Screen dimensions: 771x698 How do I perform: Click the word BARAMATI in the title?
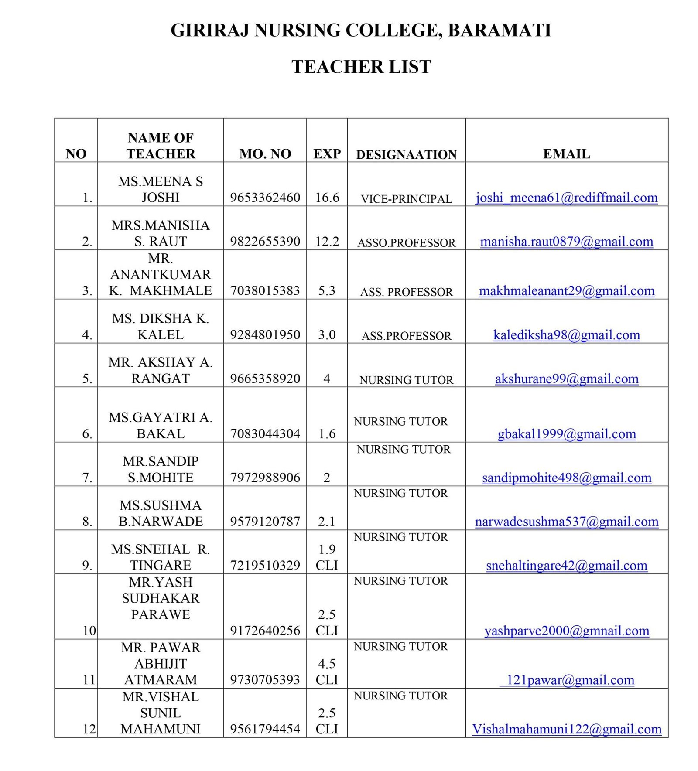click(499, 30)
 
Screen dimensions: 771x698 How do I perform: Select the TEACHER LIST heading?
click(361, 67)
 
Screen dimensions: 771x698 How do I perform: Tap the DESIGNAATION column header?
click(406, 154)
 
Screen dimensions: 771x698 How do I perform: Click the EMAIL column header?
click(566, 154)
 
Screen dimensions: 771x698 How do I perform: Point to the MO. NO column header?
click(265, 154)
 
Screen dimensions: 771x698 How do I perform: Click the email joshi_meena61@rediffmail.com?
click(566, 198)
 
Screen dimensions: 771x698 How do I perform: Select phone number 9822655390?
click(265, 241)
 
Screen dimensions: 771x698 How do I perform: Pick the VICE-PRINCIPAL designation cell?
click(406, 199)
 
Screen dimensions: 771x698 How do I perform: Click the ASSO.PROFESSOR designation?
click(406, 242)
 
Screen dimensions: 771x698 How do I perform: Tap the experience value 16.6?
click(327, 198)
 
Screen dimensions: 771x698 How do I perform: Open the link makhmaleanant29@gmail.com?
click(566, 290)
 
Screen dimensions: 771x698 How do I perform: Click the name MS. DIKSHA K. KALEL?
click(161, 326)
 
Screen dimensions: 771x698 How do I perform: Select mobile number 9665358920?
click(265, 378)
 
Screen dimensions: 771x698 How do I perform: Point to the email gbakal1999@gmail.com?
click(566, 433)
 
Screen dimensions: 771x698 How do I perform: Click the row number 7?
click(87, 478)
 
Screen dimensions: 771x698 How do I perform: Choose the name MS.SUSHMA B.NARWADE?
click(161, 513)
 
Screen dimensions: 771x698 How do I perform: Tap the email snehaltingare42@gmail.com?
click(566, 565)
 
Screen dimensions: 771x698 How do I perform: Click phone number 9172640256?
click(265, 630)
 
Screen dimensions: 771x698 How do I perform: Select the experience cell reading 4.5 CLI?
click(327, 672)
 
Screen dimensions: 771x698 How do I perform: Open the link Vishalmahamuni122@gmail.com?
click(566, 729)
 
